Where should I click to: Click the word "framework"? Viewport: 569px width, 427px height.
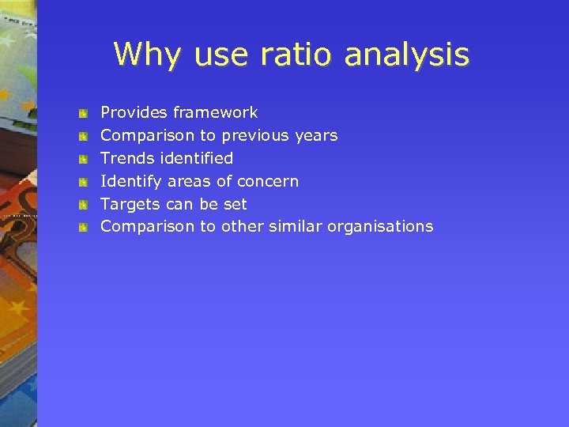(215, 113)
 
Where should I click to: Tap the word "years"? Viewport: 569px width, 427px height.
(315, 136)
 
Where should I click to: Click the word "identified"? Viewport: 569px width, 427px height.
(196, 158)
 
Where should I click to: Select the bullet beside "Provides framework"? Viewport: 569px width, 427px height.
(82, 114)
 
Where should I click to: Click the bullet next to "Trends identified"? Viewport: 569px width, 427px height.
(82, 160)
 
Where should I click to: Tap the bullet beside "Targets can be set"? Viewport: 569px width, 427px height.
(82, 205)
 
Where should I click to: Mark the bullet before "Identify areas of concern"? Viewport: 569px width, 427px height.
(82, 183)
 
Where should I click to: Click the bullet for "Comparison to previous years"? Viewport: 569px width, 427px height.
(82, 137)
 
